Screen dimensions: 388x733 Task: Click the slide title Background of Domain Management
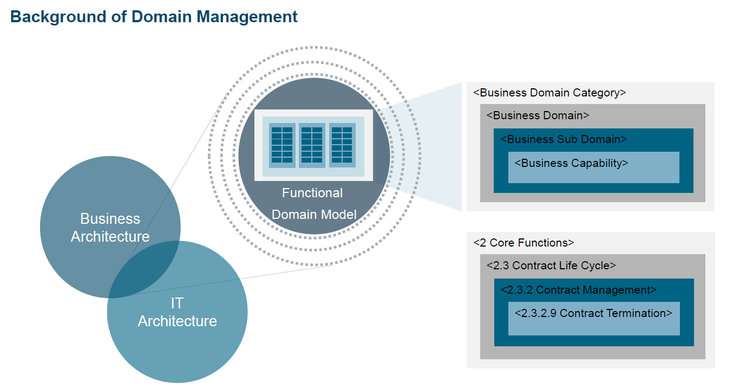click(154, 17)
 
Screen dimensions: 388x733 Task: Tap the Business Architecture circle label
click(110, 228)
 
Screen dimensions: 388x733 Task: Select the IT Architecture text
click(177, 312)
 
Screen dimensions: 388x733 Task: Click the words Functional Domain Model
click(313, 204)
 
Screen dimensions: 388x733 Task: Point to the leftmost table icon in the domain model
click(282, 145)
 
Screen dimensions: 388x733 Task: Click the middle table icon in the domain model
click(312, 145)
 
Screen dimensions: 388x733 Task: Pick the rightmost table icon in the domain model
click(342, 145)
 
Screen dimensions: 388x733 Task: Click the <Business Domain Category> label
click(549, 93)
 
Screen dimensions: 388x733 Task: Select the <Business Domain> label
click(538, 115)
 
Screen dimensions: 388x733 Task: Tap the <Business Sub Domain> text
click(563, 139)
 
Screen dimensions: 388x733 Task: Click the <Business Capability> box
click(593, 167)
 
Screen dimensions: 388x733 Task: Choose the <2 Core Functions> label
click(523, 243)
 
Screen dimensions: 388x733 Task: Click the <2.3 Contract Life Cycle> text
click(551, 266)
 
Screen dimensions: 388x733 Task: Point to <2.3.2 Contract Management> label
click(578, 290)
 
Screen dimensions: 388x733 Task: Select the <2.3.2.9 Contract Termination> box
click(593, 318)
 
